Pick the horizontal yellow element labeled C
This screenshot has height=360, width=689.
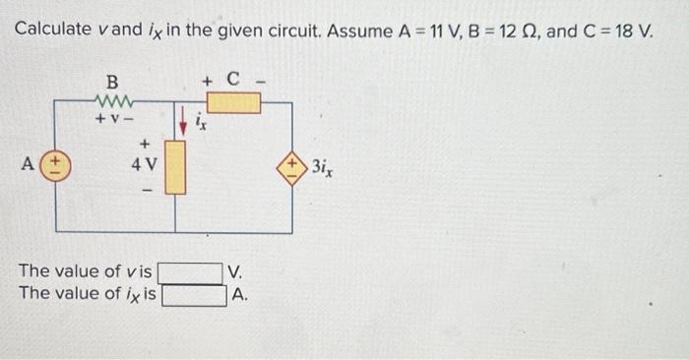(234, 102)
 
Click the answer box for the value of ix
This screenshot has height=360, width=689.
(194, 293)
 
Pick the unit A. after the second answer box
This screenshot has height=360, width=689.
(239, 293)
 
